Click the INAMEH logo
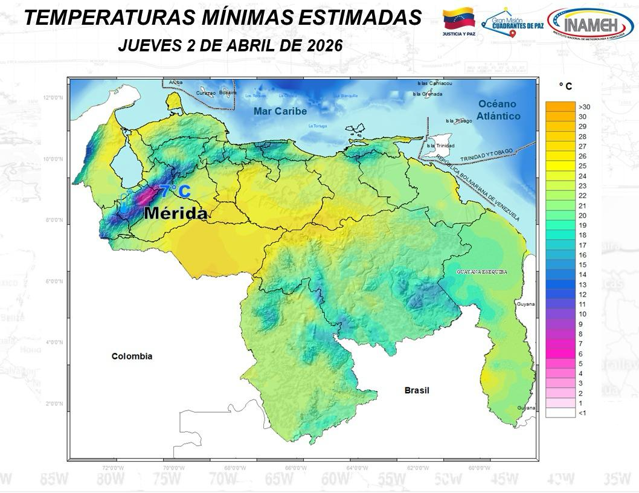pyautogui.click(x=589, y=24)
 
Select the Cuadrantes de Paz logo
pyautogui.click(x=513, y=24)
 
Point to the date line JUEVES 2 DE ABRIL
pyautogui.click(x=230, y=45)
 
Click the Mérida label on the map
pyautogui.click(x=175, y=213)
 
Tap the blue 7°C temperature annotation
pyautogui.click(x=175, y=192)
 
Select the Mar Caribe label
pyautogui.click(x=280, y=111)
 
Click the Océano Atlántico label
pyautogui.click(x=498, y=109)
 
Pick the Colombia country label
pyautogui.click(x=132, y=356)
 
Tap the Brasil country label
pyautogui.click(x=417, y=390)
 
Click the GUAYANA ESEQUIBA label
pyautogui.click(x=481, y=272)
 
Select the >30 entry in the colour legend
pyautogui.click(x=567, y=106)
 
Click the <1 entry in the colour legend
pyautogui.click(x=567, y=413)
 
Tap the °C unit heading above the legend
pyautogui.click(x=565, y=87)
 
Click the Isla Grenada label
pyautogui.click(x=428, y=94)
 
